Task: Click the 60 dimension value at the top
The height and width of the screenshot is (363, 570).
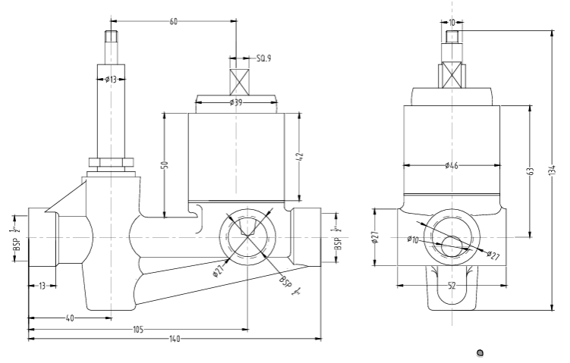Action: point(174,23)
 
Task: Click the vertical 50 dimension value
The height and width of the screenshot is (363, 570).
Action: point(164,164)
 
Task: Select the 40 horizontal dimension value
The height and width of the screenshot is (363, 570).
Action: point(70,318)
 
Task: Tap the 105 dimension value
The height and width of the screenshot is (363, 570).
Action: point(138,329)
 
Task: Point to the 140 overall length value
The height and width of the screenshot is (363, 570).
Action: point(175,339)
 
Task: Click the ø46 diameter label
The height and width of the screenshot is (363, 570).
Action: point(452,165)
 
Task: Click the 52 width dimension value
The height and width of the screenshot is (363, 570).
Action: point(453,285)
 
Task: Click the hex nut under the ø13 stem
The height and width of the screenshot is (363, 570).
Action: point(112,161)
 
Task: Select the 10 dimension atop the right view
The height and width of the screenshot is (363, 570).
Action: point(452,23)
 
